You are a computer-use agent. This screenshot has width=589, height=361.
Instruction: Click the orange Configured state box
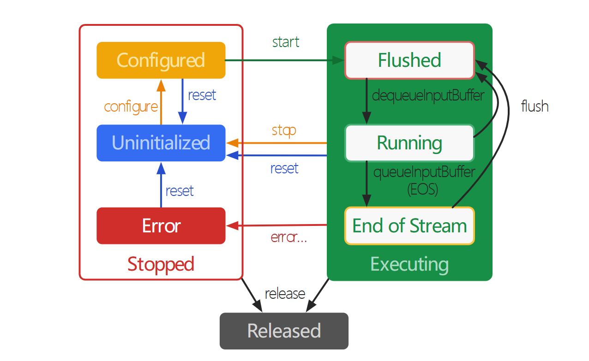click(x=161, y=60)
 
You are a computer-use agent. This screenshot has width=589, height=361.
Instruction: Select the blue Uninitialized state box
click(x=161, y=143)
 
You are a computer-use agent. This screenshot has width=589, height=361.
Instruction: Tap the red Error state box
click(x=161, y=226)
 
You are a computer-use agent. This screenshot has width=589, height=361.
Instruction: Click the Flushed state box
click(x=409, y=60)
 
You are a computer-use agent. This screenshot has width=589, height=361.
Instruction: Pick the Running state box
click(x=409, y=143)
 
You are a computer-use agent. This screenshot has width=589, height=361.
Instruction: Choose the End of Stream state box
click(x=409, y=226)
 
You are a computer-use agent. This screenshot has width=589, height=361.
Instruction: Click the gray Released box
click(x=284, y=331)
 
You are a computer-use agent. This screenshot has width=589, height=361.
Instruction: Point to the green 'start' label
click(x=286, y=42)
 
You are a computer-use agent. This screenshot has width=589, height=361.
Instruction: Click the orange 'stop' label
click(x=284, y=130)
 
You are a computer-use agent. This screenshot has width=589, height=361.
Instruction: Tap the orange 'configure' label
click(x=131, y=107)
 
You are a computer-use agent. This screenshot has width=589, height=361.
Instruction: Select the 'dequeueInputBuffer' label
click(x=428, y=95)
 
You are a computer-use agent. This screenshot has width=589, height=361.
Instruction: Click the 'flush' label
click(x=535, y=106)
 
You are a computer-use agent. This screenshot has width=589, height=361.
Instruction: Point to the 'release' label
click(x=285, y=294)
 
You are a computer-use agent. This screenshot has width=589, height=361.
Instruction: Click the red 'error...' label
click(x=288, y=237)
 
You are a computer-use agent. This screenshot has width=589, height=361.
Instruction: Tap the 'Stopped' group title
click(x=161, y=264)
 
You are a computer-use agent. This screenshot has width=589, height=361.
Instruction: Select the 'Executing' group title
click(x=409, y=264)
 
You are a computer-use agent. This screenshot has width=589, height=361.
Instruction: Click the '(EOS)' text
click(x=422, y=189)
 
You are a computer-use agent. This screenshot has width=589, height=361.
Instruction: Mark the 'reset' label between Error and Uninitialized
click(x=179, y=191)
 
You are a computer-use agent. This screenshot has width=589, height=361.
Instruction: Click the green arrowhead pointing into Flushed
click(x=338, y=60)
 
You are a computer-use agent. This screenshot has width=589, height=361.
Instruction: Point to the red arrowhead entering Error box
click(x=232, y=225)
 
